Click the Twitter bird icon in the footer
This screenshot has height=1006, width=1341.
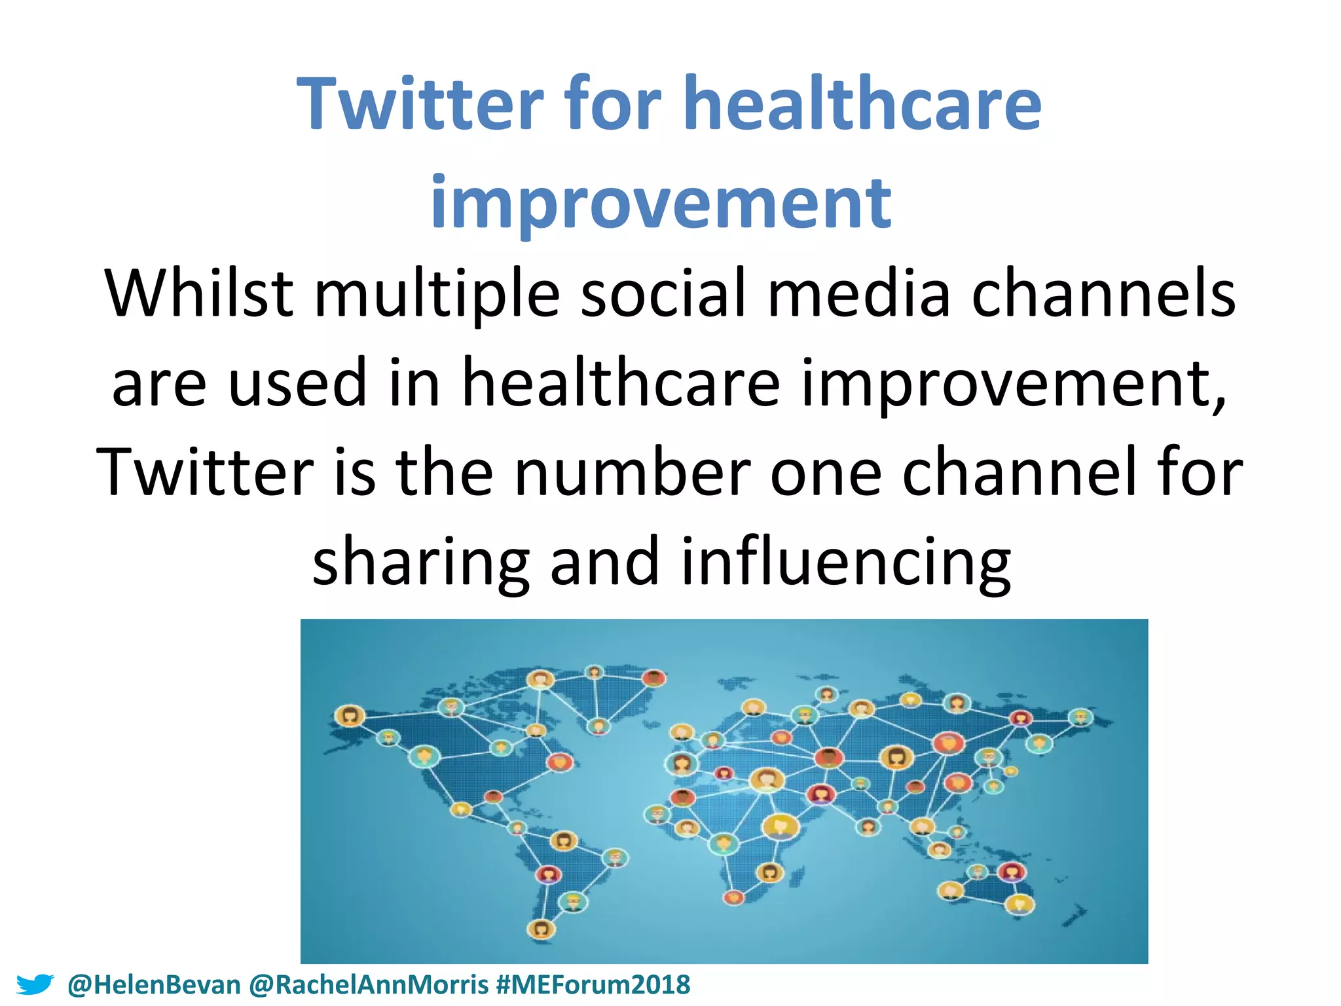[34, 984]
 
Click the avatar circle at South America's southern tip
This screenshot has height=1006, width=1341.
[541, 928]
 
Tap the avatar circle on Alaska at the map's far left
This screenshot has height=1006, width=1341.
[349, 715]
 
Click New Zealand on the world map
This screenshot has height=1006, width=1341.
[1075, 914]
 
